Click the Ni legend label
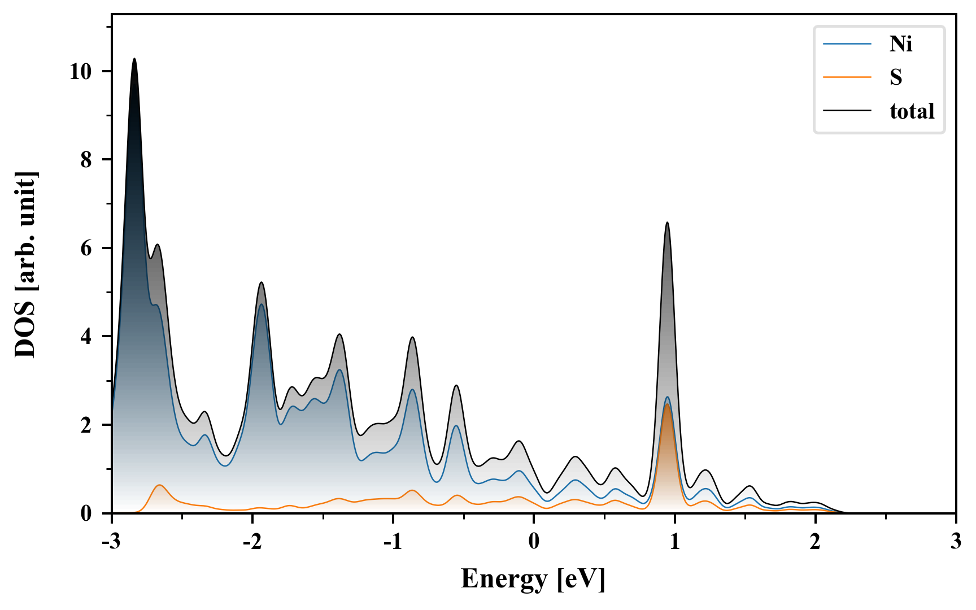900,43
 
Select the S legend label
896,77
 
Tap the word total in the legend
912,111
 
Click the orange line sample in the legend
847,77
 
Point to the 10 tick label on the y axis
80,72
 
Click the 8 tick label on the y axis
86,160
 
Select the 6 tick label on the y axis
86,249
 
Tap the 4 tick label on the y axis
86,337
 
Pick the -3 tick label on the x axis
112,542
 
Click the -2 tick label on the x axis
252,542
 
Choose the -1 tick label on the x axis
393,542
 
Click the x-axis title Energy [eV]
533,578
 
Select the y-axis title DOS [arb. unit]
25,264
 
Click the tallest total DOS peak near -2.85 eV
134,59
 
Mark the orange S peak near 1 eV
667,404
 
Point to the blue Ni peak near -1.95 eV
261,304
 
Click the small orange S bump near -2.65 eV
160,485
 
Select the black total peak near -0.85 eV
412,337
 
